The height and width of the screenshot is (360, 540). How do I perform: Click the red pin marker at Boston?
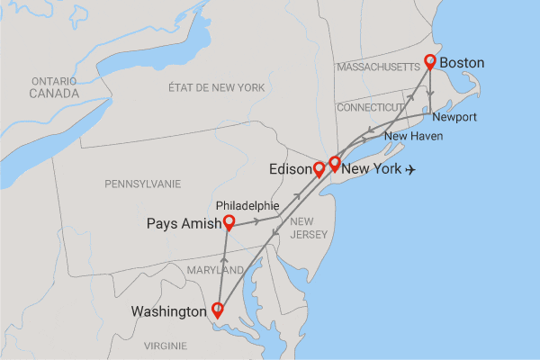430,61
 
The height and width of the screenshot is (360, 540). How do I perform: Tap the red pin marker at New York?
335,163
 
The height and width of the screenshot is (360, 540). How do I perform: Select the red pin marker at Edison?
318,168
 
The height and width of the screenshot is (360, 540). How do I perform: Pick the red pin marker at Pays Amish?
229,221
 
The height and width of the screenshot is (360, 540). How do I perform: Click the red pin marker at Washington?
217,310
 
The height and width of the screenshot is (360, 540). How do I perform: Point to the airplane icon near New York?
413,169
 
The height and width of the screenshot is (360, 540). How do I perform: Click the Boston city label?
463,63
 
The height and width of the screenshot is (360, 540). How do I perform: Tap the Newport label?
454,118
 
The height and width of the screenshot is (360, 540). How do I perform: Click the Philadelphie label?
247,204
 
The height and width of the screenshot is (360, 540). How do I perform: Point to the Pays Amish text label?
183,224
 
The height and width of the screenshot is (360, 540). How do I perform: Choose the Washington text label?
169,312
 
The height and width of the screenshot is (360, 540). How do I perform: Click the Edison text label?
290,169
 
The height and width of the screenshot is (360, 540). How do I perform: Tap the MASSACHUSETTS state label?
378,67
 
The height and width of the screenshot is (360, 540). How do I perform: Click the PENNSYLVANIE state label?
142,184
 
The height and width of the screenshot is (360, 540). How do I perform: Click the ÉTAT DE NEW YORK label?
216,87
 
